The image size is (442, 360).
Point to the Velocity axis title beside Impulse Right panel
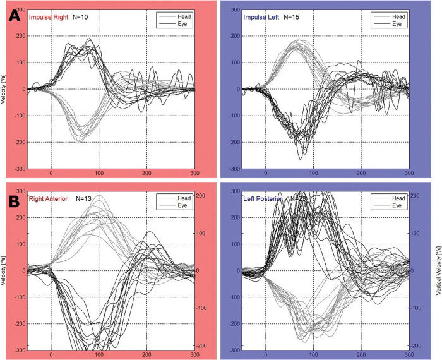4,89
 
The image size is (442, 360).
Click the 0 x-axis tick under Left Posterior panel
265,356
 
